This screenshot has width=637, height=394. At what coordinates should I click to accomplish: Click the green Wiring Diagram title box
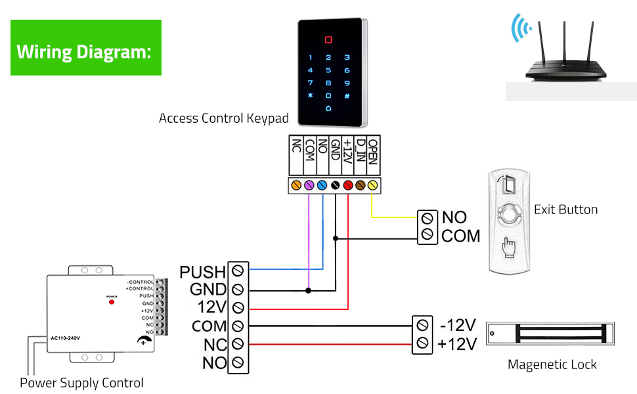click(x=86, y=48)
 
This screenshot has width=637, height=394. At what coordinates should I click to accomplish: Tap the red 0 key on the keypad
click(x=328, y=39)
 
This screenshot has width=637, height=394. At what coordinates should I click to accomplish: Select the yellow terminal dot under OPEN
click(x=372, y=186)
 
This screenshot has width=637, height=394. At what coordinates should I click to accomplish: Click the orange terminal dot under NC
click(x=296, y=186)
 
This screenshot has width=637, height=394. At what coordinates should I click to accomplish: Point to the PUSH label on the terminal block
click(x=202, y=271)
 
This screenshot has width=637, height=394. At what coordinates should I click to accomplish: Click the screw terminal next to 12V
click(x=238, y=307)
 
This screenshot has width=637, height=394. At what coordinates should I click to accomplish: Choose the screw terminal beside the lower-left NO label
click(x=238, y=362)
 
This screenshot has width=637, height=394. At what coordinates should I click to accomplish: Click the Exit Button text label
click(x=565, y=210)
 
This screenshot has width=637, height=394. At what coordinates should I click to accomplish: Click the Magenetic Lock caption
click(x=552, y=364)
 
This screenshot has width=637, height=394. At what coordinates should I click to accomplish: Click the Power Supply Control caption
click(x=81, y=383)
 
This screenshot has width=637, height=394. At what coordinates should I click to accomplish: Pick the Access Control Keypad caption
click(x=223, y=119)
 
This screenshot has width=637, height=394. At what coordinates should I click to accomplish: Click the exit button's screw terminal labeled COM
click(x=428, y=235)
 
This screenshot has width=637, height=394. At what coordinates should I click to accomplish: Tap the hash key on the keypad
click(x=347, y=95)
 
